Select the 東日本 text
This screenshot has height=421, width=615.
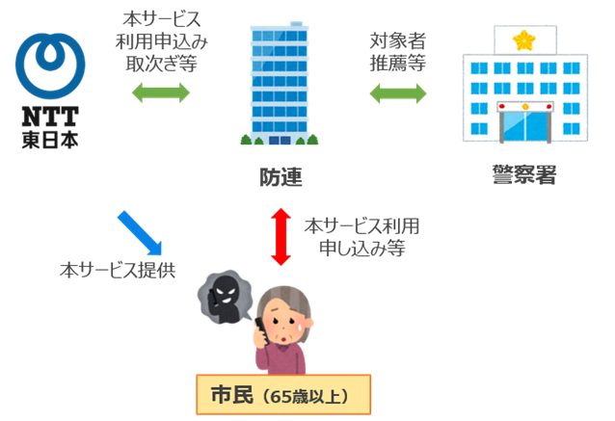pos(49,139)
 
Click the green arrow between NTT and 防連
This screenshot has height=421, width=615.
pos(161,93)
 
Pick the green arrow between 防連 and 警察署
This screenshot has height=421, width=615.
pos(398,93)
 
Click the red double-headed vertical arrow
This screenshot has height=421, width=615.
pos(281,236)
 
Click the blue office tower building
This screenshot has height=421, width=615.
pos(279,85)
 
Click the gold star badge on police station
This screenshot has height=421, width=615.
pos(524,40)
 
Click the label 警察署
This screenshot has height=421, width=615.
pos(523,176)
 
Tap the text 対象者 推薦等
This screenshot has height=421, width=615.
pos(398,52)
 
